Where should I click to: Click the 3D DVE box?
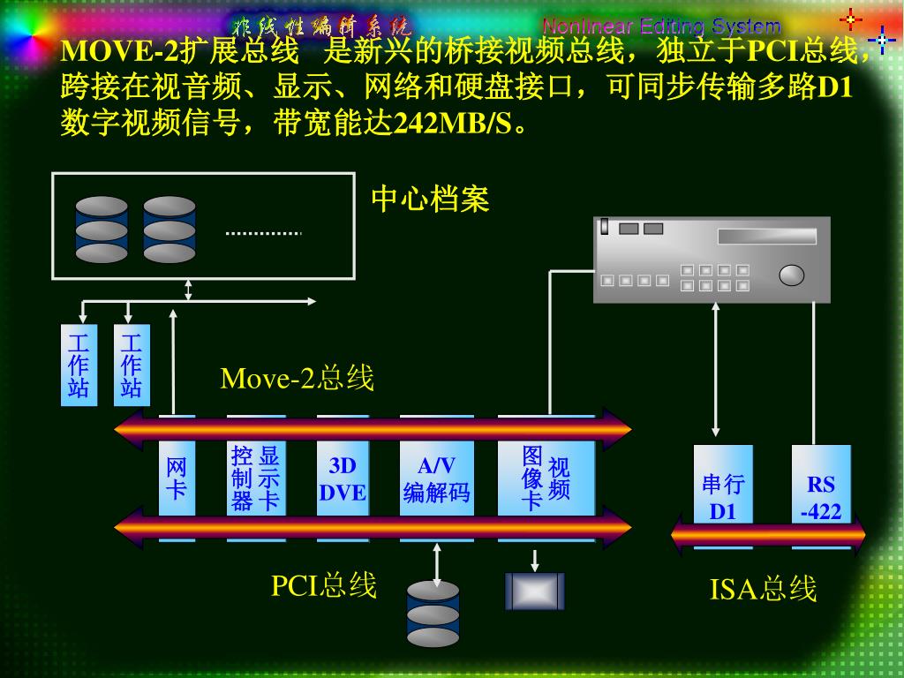[x=342, y=478]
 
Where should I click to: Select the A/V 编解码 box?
[x=436, y=478]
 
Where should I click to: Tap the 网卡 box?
[x=177, y=478]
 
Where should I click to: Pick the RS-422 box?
[x=821, y=496]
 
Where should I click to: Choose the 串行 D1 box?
[x=723, y=496]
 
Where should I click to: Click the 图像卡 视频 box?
[x=546, y=478]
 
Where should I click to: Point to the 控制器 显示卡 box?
[x=255, y=478]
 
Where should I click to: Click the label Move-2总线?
[x=297, y=378]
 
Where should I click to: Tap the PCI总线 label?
[x=323, y=584]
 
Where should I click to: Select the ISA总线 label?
[x=763, y=588]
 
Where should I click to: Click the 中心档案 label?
[x=430, y=199]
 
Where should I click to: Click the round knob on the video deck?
[x=792, y=275]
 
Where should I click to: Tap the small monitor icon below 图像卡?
[x=534, y=591]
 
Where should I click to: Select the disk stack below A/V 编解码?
[x=433, y=614]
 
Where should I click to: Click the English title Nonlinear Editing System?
[x=661, y=26]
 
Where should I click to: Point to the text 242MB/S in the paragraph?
[x=451, y=122]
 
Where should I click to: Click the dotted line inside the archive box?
[x=263, y=233]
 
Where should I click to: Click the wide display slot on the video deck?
[x=767, y=236]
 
